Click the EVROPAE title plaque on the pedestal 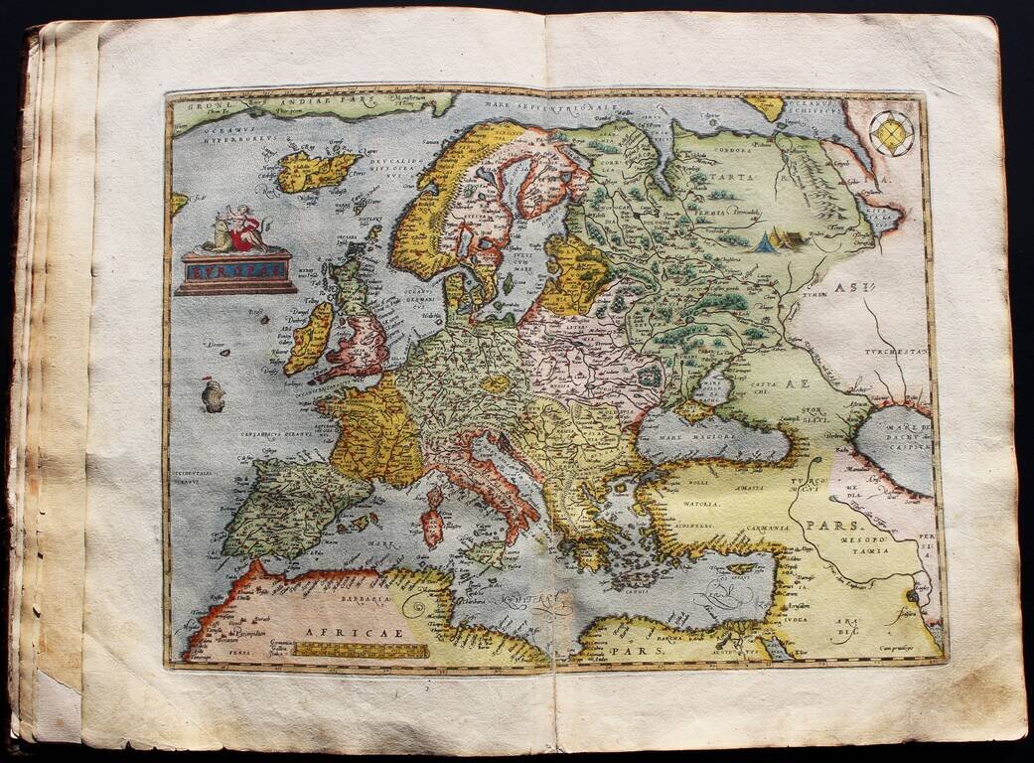[x=235, y=269]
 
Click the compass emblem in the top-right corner [x=891, y=133]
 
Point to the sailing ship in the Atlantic [x=213, y=394]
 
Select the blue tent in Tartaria [x=766, y=241]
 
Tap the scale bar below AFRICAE [x=362, y=651]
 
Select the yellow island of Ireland [x=309, y=339]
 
